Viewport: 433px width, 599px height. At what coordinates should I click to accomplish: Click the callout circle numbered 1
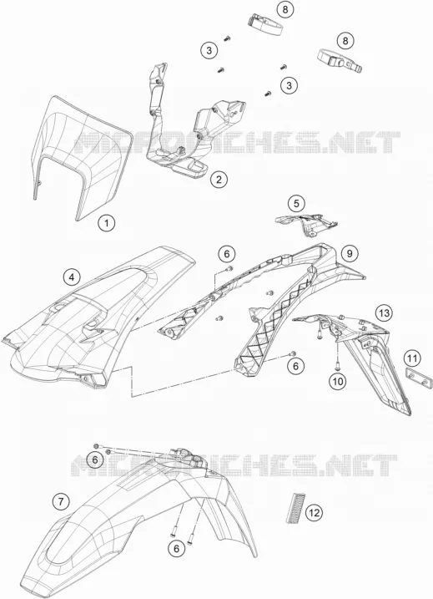107,222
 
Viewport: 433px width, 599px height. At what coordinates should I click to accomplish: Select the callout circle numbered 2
219,179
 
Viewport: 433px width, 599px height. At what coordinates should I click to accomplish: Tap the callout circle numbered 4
72,277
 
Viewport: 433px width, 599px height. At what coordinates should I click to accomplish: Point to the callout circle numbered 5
296,204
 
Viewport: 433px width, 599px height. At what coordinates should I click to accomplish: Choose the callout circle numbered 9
350,252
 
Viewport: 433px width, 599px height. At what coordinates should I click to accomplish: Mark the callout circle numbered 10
339,381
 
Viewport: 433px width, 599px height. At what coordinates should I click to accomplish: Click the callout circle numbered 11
412,358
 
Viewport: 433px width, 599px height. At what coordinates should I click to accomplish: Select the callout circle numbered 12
315,513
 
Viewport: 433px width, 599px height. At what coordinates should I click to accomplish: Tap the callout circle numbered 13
384,313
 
